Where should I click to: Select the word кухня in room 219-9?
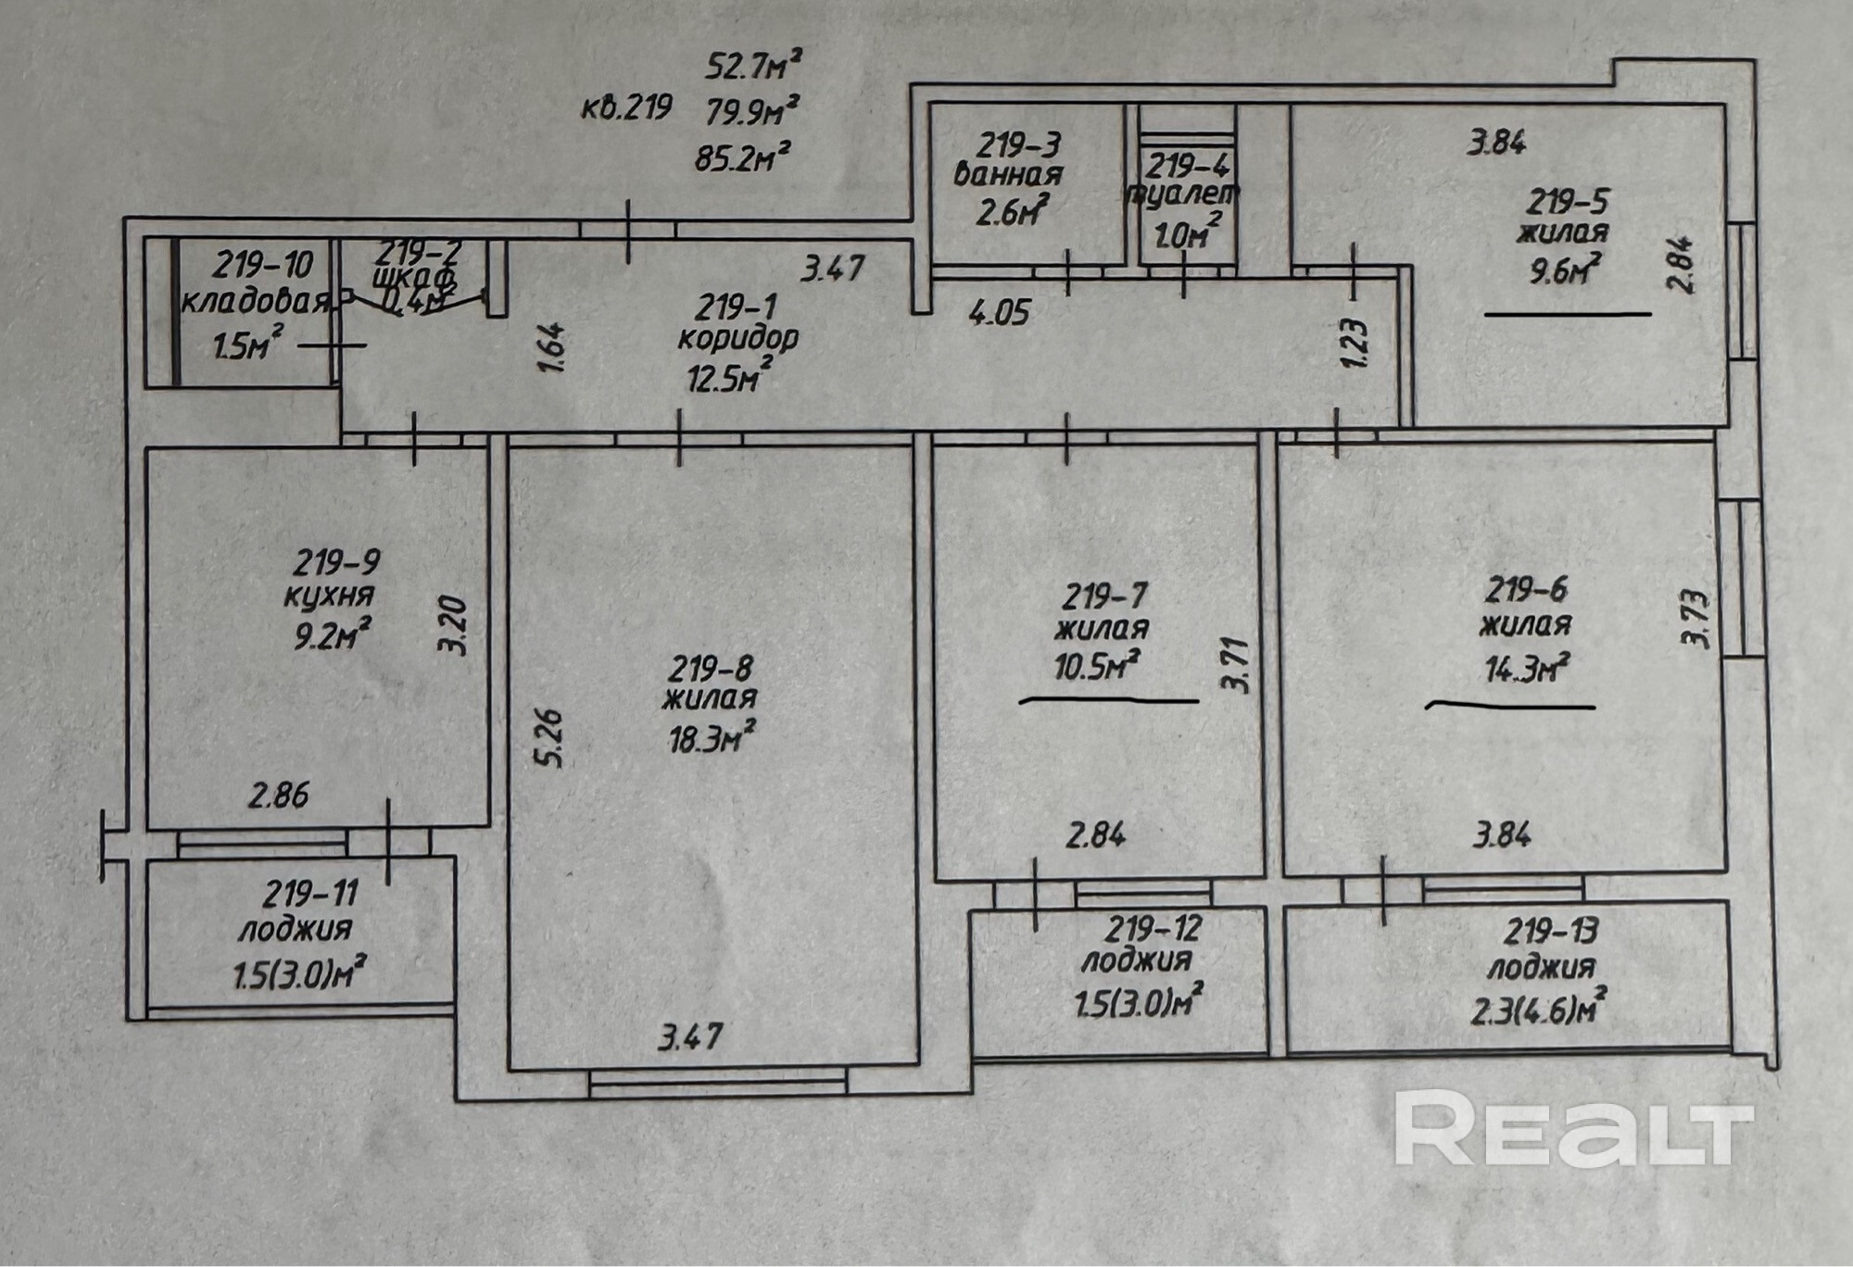pyautogui.click(x=329, y=596)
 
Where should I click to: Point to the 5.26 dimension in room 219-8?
pyautogui.click(x=550, y=738)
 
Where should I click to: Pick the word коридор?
pyautogui.click(x=737, y=338)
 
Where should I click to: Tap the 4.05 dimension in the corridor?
pyautogui.click(x=999, y=312)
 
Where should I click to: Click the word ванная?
pyautogui.click(x=1008, y=174)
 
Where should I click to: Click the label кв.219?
pyautogui.click(x=626, y=108)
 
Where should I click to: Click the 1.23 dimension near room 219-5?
pyautogui.click(x=1354, y=343)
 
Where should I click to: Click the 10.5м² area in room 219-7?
pyautogui.click(x=1097, y=665)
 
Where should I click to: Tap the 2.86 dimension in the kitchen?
pyautogui.click(x=278, y=796)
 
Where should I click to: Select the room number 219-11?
pyautogui.click(x=309, y=895)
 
